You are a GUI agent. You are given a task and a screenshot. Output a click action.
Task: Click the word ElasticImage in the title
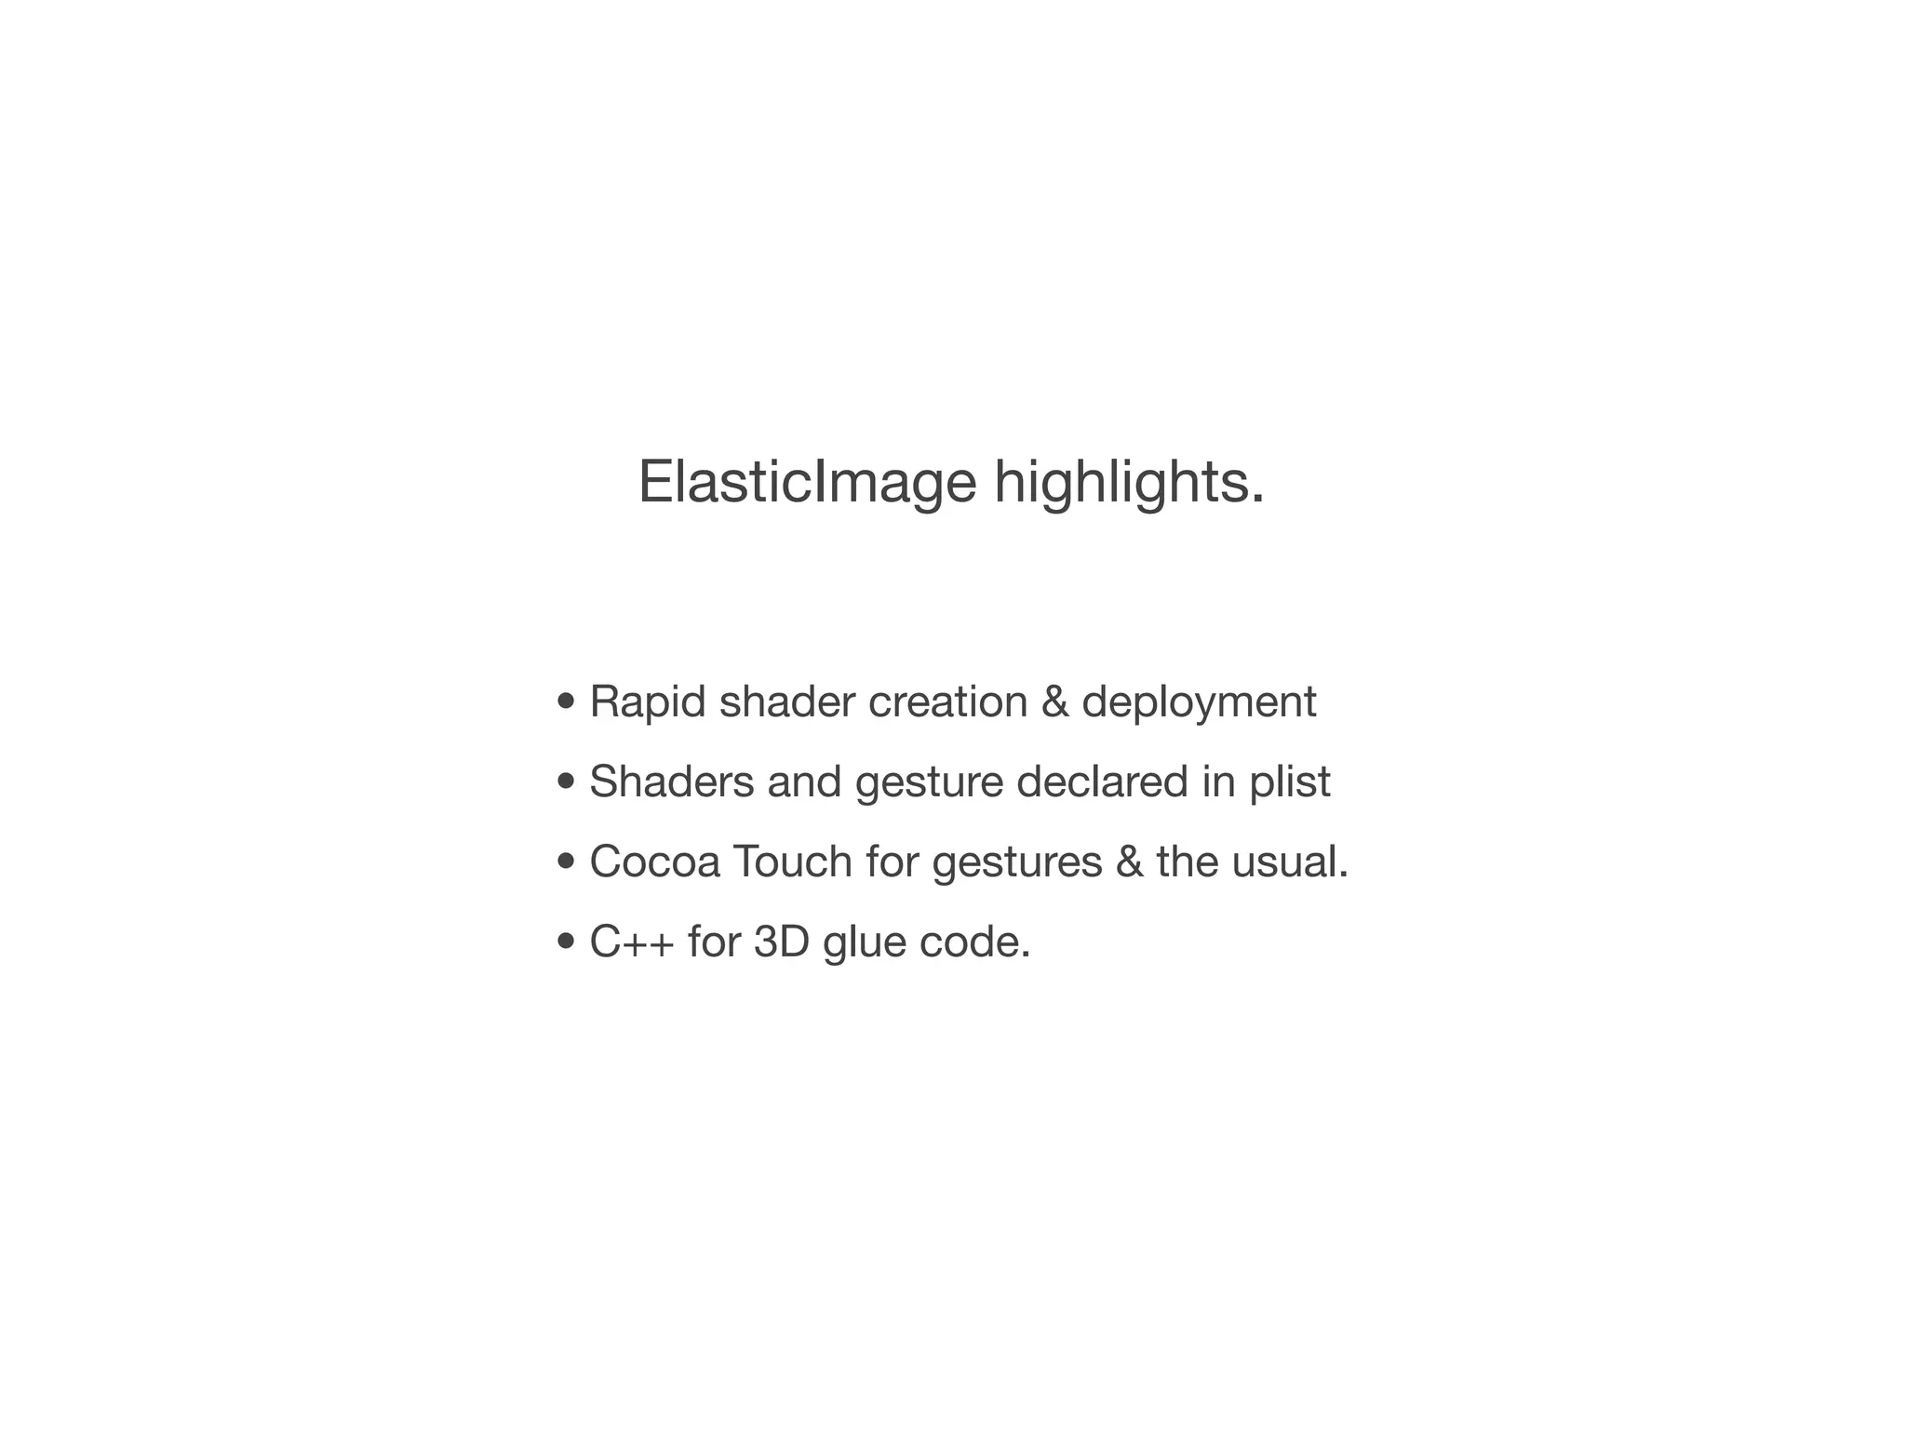coord(806,483)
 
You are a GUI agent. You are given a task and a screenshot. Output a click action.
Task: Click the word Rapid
coord(647,701)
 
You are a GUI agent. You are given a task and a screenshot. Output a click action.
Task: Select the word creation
coord(947,701)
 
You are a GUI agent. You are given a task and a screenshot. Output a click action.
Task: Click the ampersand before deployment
coord(1054,701)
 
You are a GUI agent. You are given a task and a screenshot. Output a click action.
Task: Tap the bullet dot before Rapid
coord(565,701)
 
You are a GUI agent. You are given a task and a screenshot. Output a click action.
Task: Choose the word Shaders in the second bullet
coord(671,781)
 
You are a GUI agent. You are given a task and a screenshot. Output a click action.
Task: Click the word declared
coord(1102,781)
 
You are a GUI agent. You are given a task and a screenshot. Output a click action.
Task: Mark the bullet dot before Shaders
coord(565,781)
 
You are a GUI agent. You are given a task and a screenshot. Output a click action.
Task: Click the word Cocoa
coord(654,861)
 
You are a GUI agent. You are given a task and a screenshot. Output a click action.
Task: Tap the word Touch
coord(792,861)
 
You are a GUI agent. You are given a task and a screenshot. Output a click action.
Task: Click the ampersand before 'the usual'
coord(1129,861)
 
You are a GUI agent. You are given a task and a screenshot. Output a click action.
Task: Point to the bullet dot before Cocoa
coord(565,861)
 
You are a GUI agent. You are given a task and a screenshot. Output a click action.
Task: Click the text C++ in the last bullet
coord(632,942)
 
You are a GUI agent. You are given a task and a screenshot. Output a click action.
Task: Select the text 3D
coord(781,942)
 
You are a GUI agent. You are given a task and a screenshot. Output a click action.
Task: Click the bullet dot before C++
coord(565,942)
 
